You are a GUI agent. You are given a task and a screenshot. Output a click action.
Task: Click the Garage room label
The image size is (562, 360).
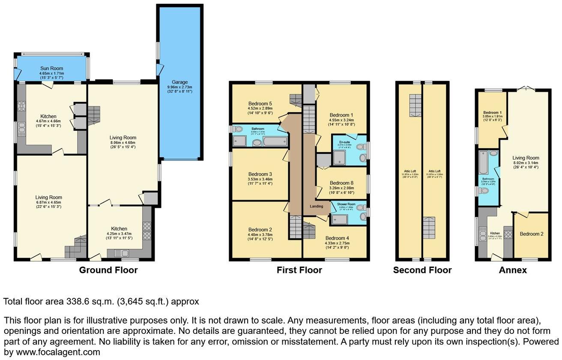point(180,82)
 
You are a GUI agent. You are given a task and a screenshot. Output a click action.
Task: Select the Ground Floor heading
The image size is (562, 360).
point(108,270)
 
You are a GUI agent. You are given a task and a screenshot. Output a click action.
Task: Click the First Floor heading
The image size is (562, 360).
point(299,270)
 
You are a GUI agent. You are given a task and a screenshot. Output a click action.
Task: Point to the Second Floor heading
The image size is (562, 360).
point(422,270)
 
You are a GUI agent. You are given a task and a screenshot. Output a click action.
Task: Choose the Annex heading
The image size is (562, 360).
point(513,270)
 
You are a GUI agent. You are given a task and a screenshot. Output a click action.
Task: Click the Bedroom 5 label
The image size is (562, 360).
point(260,104)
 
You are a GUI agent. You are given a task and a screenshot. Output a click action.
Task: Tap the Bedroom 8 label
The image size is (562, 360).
point(341,183)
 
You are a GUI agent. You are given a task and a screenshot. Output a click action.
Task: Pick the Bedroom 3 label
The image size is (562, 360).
point(260,174)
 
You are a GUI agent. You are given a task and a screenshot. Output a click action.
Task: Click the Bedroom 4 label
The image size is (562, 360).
point(337,238)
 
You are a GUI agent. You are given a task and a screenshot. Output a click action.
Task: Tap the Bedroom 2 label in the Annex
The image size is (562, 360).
point(532,234)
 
